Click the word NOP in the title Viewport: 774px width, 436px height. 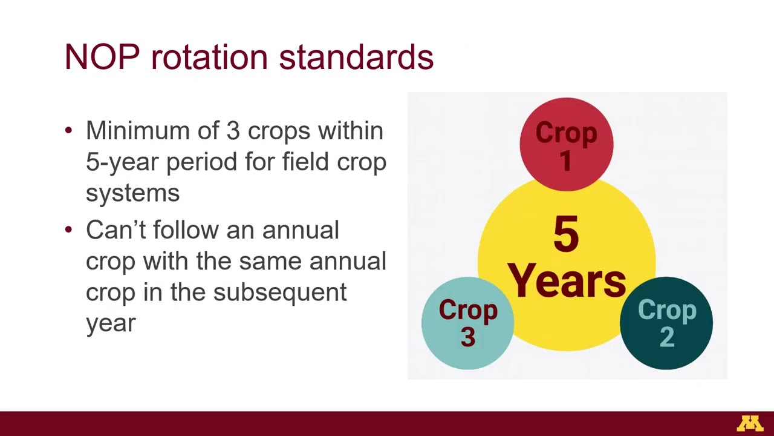point(102,57)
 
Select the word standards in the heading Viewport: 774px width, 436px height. point(356,57)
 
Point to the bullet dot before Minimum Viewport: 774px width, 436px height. point(68,131)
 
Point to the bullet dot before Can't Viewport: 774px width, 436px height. point(68,230)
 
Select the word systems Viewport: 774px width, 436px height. point(132,193)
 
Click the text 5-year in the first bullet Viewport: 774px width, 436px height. point(123,162)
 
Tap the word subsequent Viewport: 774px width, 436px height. point(280,292)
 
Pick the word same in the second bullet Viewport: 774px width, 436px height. point(270,262)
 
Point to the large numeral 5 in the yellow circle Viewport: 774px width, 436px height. point(566,235)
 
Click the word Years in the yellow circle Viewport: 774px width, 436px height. point(566,281)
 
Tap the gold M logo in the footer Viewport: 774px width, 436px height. point(749,424)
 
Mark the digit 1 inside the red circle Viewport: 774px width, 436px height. point(566,161)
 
